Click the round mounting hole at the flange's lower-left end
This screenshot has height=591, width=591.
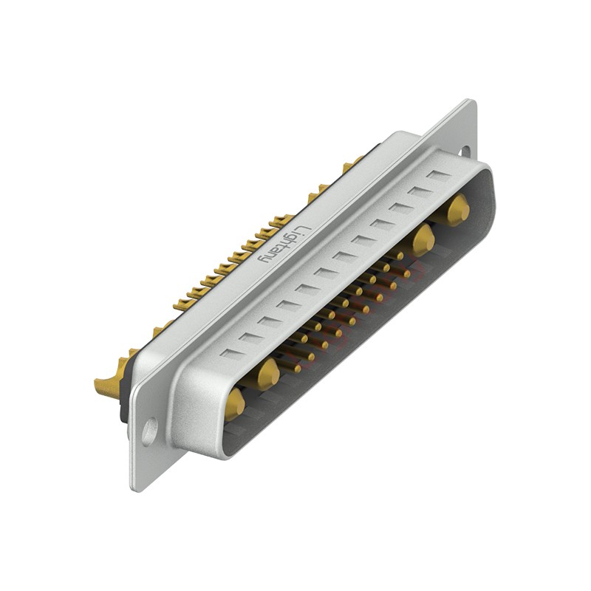[x=149, y=431]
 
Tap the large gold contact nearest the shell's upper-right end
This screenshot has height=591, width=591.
[x=458, y=209]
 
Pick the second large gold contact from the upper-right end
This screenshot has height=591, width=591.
[x=423, y=240]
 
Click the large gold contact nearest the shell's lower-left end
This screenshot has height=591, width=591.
[x=235, y=403]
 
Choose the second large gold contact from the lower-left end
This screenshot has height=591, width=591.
[x=268, y=374]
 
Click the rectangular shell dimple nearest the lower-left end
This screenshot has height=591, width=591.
[x=230, y=353]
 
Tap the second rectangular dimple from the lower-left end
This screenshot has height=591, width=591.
[x=250, y=338]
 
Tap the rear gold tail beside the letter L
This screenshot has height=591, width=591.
[x=281, y=221]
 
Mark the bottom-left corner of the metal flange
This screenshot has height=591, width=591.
[x=134, y=488]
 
